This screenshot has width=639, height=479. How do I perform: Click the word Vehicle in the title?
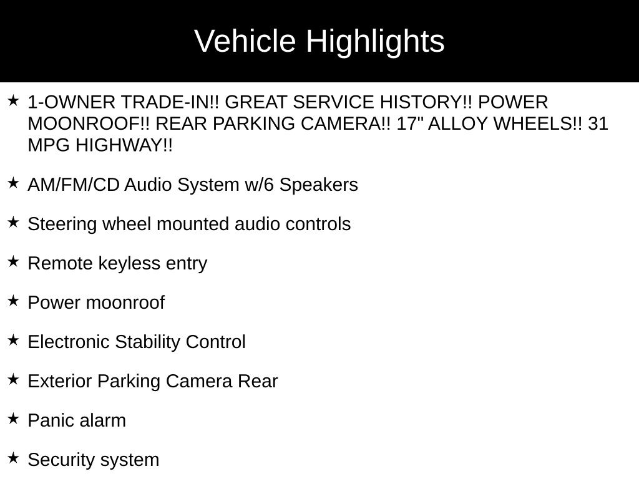click(x=245, y=41)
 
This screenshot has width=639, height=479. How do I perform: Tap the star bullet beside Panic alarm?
click(x=14, y=419)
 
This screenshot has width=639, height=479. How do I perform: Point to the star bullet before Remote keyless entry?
click(x=14, y=261)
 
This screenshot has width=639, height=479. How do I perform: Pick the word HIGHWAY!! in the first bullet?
click(x=124, y=145)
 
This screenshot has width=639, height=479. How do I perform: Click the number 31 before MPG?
click(x=598, y=123)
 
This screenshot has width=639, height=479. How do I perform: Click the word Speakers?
click(x=318, y=185)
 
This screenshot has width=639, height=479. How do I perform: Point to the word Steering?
click(x=62, y=225)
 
